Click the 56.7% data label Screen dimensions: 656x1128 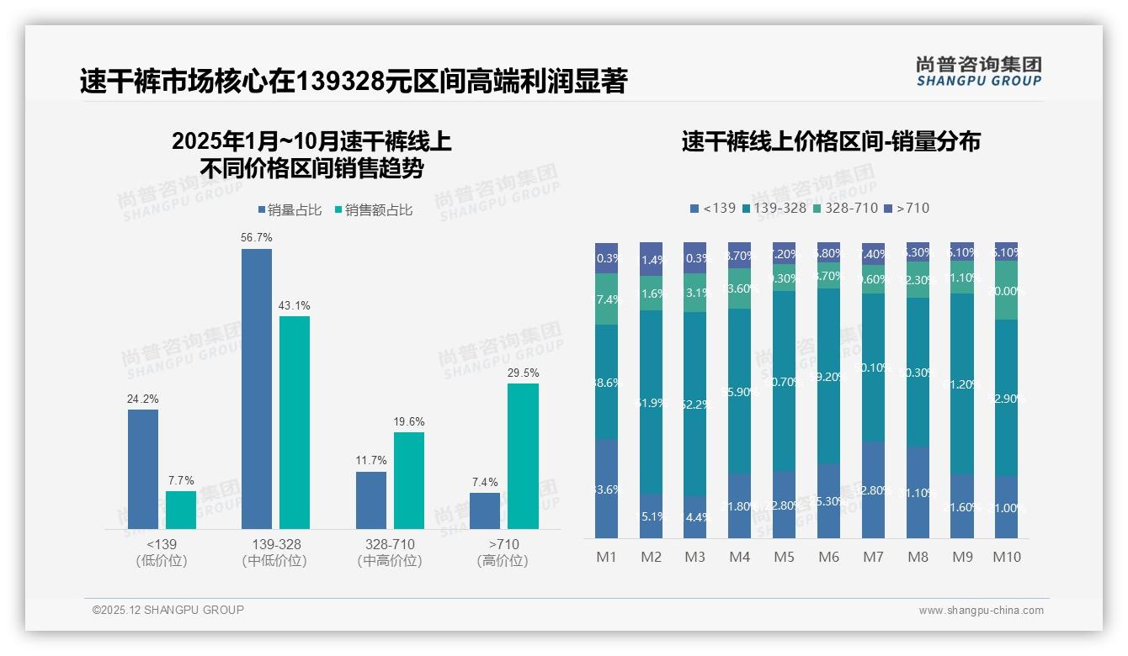coord(257,238)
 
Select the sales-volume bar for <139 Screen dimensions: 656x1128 coord(143,469)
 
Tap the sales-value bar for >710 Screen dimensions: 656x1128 coord(523,456)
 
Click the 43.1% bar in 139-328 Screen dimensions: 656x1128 coord(295,422)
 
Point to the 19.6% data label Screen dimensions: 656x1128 coord(409,421)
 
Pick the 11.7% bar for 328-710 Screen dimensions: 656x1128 coord(371,500)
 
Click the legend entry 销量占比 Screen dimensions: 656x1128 coord(289,210)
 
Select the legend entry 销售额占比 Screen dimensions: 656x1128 coord(373,210)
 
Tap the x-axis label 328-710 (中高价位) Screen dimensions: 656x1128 coord(390,553)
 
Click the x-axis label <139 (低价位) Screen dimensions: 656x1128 coord(161,553)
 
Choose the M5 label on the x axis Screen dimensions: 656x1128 coord(784,557)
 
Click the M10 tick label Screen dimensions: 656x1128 coord(1006,557)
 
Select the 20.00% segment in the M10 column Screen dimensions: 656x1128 coord(1006,290)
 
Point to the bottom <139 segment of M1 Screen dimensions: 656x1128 coord(607,489)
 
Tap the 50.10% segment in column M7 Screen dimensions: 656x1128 coord(873,368)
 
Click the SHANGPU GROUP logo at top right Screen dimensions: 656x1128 coord(978,71)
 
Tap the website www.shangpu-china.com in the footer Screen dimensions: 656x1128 coord(981,611)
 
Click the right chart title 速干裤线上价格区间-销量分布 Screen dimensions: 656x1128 coord(830,141)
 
